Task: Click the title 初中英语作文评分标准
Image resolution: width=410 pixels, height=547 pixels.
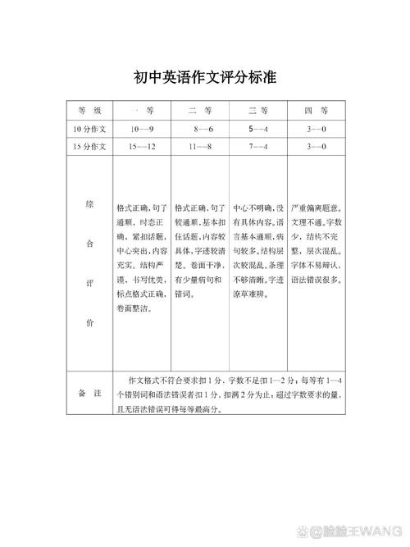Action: [204, 79]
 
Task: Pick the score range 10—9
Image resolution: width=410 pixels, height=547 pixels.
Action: [142, 130]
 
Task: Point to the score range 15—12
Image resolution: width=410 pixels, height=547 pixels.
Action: [142, 147]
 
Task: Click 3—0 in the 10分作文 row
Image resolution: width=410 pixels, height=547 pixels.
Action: [316, 130]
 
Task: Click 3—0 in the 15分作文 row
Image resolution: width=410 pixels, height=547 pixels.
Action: [316, 147]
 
